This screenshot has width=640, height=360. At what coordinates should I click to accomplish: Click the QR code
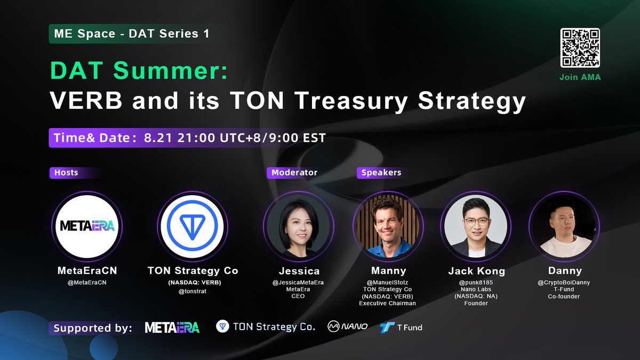tap(580, 47)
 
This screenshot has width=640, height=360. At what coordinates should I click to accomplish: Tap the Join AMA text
tap(580, 77)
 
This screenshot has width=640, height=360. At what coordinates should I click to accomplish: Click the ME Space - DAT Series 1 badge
tap(131, 34)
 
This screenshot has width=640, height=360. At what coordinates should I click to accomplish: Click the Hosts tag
tap(66, 173)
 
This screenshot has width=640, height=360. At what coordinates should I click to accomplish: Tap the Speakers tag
tap(381, 173)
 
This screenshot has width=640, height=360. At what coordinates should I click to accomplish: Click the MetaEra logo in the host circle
tap(87, 226)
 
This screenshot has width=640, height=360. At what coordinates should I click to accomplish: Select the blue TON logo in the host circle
tap(193, 226)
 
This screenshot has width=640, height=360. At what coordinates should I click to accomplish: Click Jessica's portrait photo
tap(298, 226)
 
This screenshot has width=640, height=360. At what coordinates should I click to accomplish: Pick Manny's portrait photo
tap(388, 226)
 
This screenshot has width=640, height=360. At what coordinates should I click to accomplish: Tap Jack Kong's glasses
tap(476, 222)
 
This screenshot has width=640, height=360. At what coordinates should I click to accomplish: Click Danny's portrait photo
tap(564, 226)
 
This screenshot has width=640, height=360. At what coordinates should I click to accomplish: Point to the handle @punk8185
tap(476, 283)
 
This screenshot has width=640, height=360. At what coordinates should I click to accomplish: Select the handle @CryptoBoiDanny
tap(564, 283)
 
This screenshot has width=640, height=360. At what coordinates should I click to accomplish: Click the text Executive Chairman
tap(387, 303)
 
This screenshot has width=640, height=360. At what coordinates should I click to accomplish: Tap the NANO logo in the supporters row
tap(347, 326)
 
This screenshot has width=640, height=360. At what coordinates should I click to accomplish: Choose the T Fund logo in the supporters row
tap(401, 327)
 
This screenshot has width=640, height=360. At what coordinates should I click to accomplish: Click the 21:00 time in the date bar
tap(196, 138)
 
